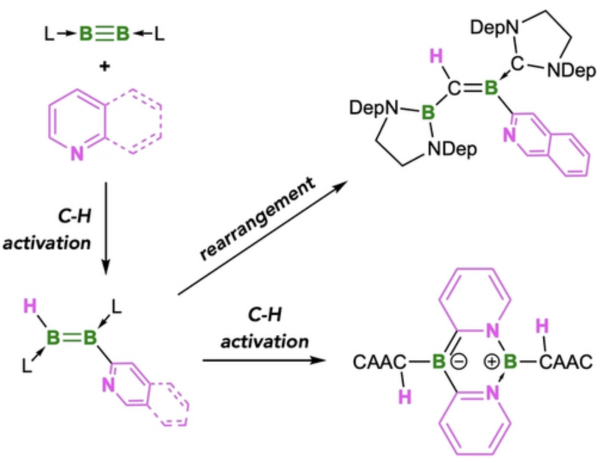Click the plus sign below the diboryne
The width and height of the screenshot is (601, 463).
pyautogui.click(x=106, y=67)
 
